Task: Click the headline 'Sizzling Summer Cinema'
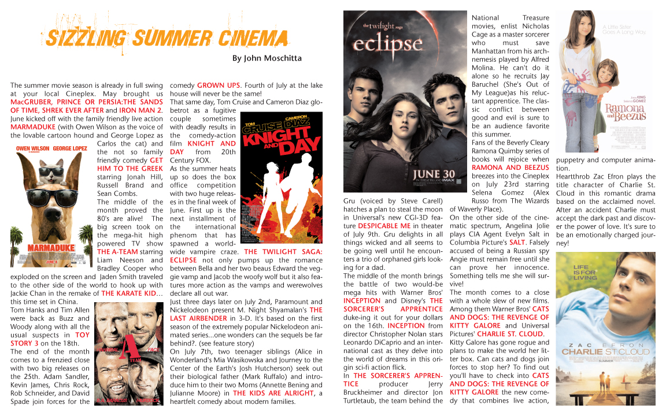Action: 166,38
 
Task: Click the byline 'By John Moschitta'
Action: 267,58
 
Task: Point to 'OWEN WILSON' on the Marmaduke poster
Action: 32,148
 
